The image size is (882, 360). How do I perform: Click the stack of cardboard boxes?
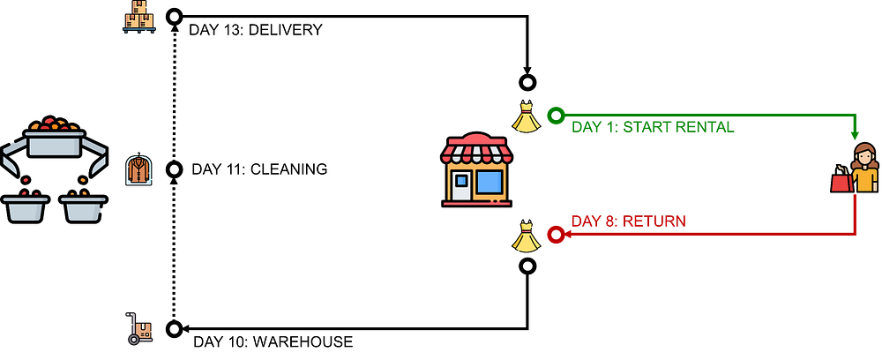click(x=138, y=16)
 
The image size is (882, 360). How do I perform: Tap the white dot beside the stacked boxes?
click(x=175, y=17)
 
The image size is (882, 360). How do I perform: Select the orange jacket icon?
click(x=138, y=169)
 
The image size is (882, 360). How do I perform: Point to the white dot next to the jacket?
click(x=175, y=169)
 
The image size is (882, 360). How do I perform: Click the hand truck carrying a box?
click(x=139, y=328)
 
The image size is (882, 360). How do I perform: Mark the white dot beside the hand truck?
click(x=175, y=329)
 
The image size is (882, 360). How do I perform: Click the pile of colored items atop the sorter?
click(x=54, y=124)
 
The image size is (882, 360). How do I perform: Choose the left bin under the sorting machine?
click(x=25, y=208)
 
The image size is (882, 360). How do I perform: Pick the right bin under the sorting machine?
click(x=83, y=208)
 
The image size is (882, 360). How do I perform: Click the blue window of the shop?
click(x=490, y=183)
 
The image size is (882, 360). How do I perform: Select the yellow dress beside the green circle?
click(x=527, y=119)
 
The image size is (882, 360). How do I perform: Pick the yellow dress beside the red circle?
click(x=527, y=237)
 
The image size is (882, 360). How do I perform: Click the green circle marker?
click(x=555, y=116)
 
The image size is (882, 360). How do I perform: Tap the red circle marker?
click(x=555, y=235)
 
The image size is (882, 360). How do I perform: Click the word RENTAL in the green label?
click(x=702, y=127)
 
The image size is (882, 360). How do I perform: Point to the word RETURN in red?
click(x=654, y=221)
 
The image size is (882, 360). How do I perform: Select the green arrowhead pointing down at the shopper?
click(x=854, y=136)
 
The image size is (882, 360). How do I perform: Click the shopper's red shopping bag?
click(x=840, y=182)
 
